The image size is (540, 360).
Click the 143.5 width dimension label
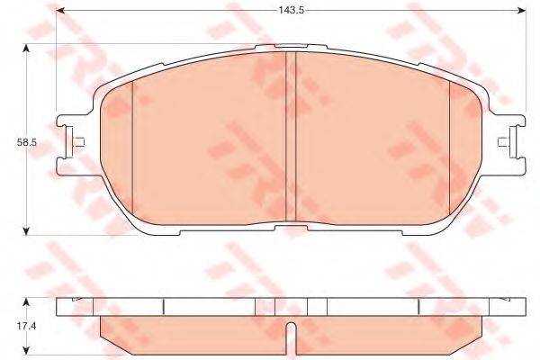[291, 10]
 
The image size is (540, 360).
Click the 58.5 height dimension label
[26, 142]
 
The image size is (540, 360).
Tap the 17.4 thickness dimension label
[26, 326]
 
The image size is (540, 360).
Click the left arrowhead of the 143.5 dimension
[60, 10]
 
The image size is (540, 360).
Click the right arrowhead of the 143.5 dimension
[522, 10]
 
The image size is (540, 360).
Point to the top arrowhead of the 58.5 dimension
[25, 49]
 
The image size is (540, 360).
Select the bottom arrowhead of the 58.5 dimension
[25, 230]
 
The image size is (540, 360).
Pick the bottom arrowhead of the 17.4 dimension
[25, 351]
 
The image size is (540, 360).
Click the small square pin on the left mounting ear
[79, 142]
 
